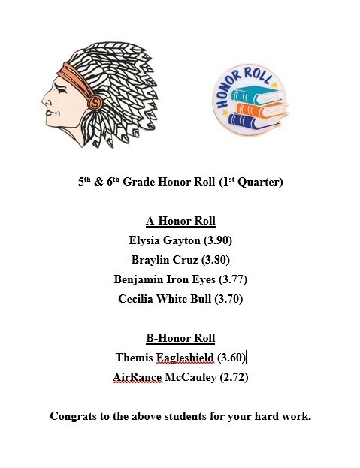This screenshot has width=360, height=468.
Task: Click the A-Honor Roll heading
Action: pyautogui.click(x=180, y=221)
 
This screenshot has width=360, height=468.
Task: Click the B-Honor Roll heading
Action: pyautogui.click(x=180, y=338)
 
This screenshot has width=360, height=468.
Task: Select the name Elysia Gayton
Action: pyautogui.click(x=159, y=240)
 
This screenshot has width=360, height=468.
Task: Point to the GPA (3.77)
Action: pyautogui.click(x=232, y=279)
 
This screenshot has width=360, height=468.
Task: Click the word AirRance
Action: pyautogui.click(x=138, y=377)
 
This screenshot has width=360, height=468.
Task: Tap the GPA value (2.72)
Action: pyautogui.click(x=231, y=377)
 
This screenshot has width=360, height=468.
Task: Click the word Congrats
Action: pyautogui.click(x=73, y=416)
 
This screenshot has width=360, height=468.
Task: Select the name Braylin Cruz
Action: pyautogui.click(x=161, y=260)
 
